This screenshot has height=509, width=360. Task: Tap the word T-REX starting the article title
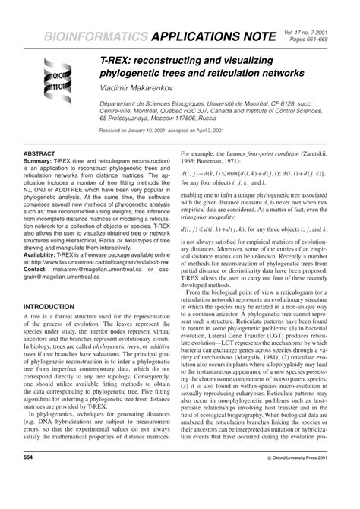tap(115, 58)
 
